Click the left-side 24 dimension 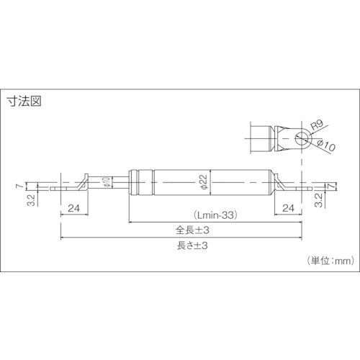coord(72,209)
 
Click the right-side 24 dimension coord(289,209)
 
